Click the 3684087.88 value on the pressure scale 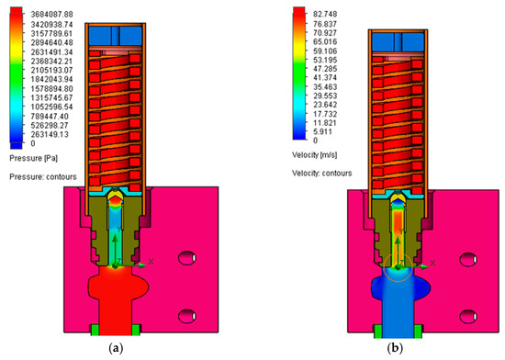coord(51,15)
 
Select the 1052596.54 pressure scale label coord(51,107)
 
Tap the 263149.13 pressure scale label coord(50,134)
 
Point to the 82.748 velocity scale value coord(325,14)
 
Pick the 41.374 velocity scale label coord(325,78)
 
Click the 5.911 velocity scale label coord(323,131)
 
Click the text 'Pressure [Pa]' coord(34,159)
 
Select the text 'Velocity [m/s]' coord(314,155)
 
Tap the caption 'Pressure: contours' coord(43,176)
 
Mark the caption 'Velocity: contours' coord(321,174)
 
